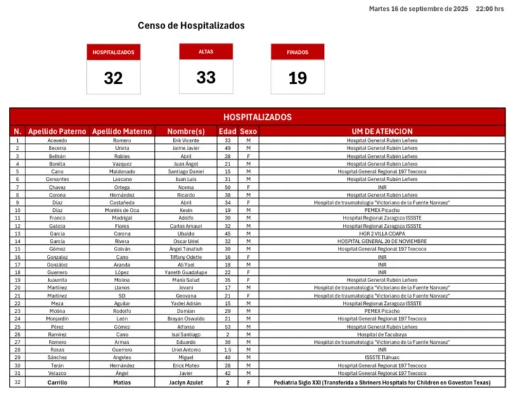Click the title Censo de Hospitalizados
tap(191, 26)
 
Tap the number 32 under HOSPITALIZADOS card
tap(113, 79)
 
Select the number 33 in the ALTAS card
tap(206, 77)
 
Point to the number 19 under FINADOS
tap(297, 79)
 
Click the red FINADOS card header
tap(297, 52)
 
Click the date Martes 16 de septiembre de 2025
tap(418, 9)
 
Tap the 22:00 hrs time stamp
tap(490, 9)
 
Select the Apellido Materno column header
tap(122, 131)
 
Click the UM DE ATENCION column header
tap(382, 131)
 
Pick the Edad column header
tap(227, 131)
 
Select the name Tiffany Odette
tap(186, 257)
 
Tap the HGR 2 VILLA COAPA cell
tap(382, 233)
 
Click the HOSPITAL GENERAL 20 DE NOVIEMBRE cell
tap(382, 241)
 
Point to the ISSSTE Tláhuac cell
tap(382, 358)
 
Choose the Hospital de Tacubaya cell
tap(382, 334)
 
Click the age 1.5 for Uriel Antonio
tap(227, 350)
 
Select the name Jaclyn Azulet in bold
tap(186, 383)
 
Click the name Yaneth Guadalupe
tap(186, 272)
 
